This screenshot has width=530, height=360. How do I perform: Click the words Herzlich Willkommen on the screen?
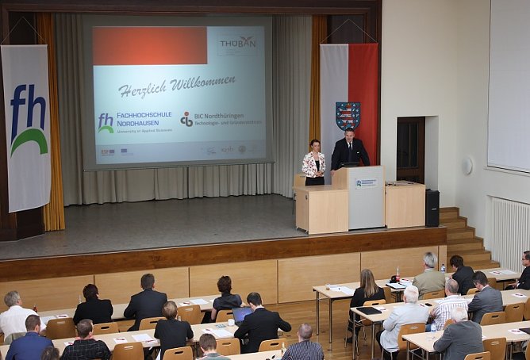(176, 85)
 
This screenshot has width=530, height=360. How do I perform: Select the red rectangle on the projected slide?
(149, 46)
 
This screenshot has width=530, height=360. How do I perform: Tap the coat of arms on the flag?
(348, 116)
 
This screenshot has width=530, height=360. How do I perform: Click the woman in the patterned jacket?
(313, 164)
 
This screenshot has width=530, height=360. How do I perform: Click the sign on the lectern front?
(366, 183)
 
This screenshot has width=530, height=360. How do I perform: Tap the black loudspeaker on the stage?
(432, 208)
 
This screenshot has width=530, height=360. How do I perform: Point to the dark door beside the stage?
(410, 150)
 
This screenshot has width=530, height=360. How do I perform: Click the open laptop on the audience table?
(241, 315)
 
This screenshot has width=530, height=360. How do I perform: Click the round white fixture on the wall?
(467, 166)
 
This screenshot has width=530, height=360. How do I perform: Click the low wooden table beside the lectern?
(321, 209)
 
